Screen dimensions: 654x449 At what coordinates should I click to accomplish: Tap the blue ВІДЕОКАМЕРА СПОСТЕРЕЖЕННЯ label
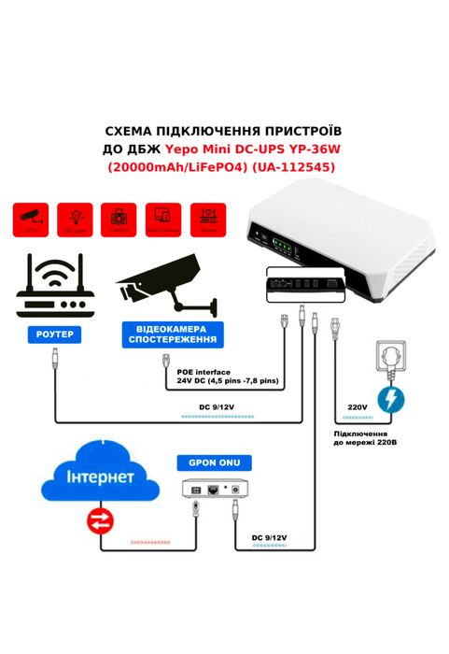point(171,334)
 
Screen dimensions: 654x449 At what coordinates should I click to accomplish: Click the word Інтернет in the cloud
point(100,477)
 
